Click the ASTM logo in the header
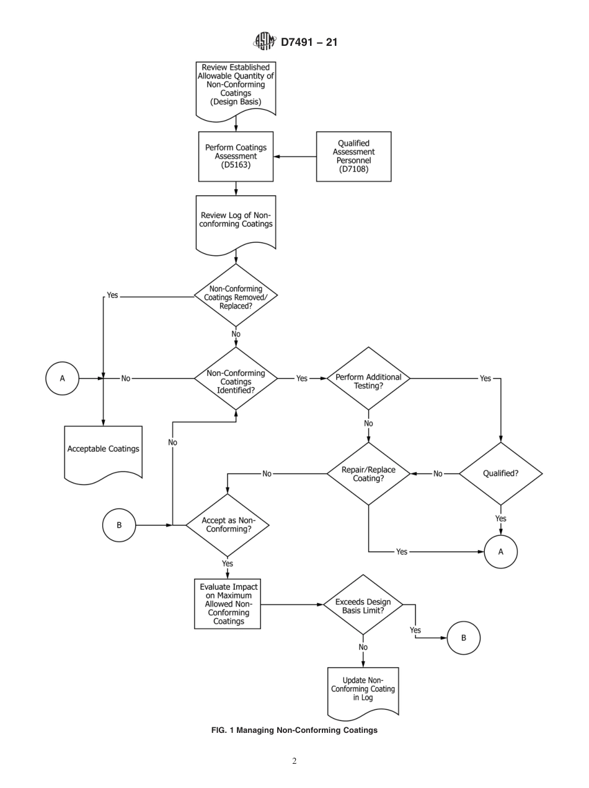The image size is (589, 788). click(x=264, y=42)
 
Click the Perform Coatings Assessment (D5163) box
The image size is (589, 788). click(x=236, y=157)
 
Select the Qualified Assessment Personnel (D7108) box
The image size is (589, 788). click(x=353, y=157)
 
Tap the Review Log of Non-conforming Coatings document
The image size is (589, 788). click(x=236, y=222)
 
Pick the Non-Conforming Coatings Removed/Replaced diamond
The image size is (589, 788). click(x=236, y=296)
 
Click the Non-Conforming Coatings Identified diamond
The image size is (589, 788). click(x=236, y=378)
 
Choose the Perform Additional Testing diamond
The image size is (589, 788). click(x=368, y=378)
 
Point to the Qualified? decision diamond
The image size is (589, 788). click(x=500, y=473)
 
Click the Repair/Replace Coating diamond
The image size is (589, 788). click(x=368, y=473)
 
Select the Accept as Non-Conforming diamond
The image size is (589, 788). click(x=228, y=525)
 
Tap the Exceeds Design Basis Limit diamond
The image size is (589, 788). click(x=363, y=605)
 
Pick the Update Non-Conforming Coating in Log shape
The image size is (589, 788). click(x=363, y=691)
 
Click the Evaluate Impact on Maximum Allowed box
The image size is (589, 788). click(x=228, y=603)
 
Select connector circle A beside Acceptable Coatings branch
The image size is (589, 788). click(x=62, y=378)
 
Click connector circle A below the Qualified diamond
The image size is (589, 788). click(x=500, y=551)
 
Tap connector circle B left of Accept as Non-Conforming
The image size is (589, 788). click(x=119, y=525)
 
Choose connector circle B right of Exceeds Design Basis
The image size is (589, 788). click(x=464, y=637)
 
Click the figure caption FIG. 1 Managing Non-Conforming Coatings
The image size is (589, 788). click(x=294, y=730)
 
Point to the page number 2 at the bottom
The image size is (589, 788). click(x=294, y=761)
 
